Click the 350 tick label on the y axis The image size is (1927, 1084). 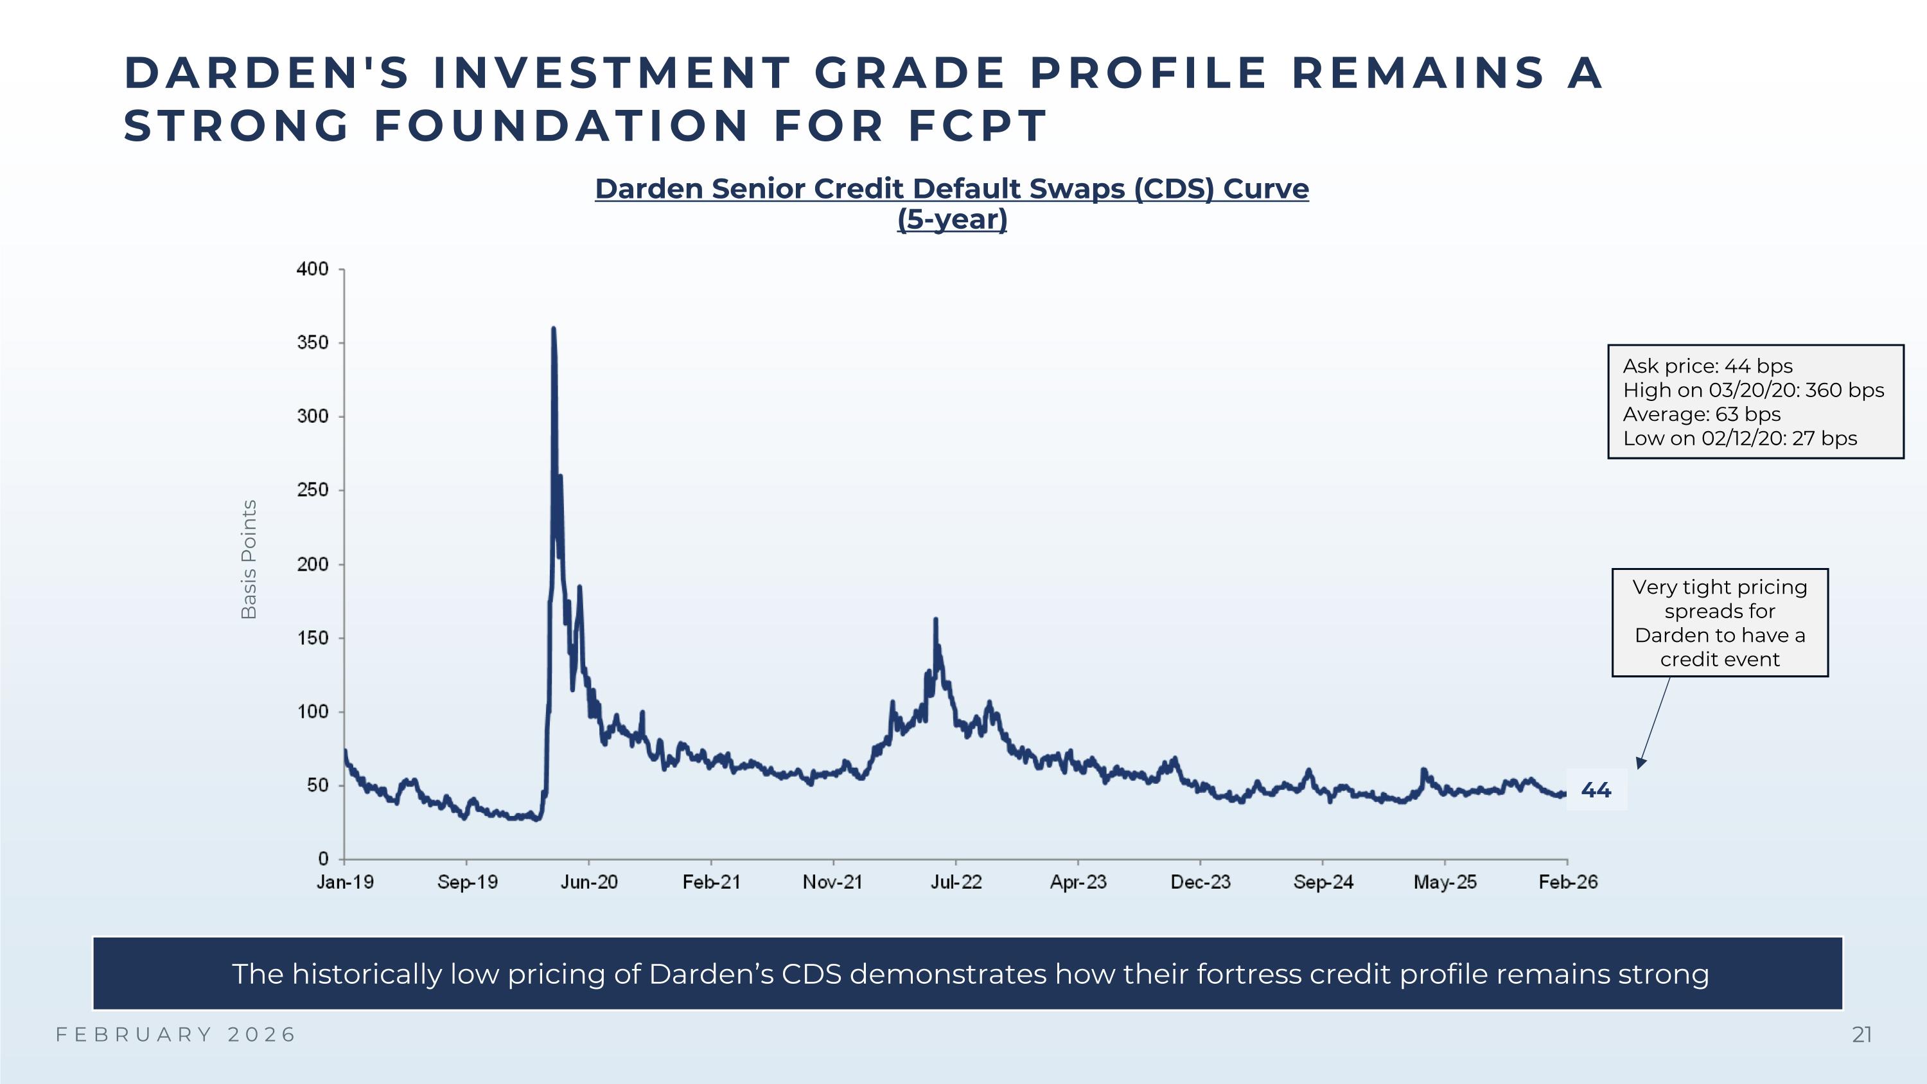coord(313,342)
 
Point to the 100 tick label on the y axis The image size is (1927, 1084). coord(313,711)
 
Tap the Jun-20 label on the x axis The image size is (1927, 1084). coord(589,882)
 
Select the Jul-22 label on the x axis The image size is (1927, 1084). coord(955,882)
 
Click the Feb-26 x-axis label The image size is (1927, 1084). coord(1567,882)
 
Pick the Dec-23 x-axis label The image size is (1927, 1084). coord(1200,882)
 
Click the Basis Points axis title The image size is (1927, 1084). coord(249,559)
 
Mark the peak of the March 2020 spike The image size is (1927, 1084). coord(553,328)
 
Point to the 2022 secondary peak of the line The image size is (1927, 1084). coord(935,619)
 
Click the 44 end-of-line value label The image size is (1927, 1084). coord(1596,790)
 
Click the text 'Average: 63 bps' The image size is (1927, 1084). coord(1701,414)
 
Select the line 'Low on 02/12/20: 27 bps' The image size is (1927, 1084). coord(1739,438)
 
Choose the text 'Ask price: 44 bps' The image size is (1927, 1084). coord(1707,366)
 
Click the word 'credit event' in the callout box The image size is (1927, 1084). coord(1719,659)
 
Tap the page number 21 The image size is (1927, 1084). coord(1861,1035)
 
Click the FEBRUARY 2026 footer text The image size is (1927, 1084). coord(177,1035)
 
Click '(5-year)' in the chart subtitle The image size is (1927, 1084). coord(951,219)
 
